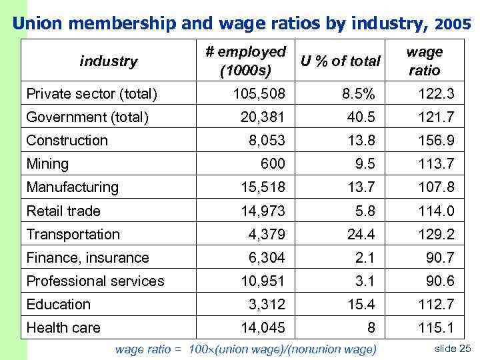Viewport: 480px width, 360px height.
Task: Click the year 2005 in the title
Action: pyautogui.click(x=453, y=24)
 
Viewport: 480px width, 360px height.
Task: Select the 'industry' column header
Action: pyautogui.click(x=108, y=61)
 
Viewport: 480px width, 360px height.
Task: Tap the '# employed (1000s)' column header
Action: pyautogui.click(x=245, y=61)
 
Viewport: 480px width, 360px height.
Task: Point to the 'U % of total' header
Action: pyautogui.click(x=341, y=61)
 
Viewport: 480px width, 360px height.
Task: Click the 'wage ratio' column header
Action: pyautogui.click(x=424, y=61)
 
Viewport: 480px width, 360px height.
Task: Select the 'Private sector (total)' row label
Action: pyautogui.click(x=91, y=94)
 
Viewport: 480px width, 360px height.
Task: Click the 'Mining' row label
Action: pyautogui.click(x=47, y=164)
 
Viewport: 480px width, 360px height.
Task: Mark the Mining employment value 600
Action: pyautogui.click(x=273, y=164)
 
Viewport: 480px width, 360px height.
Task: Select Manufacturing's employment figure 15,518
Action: pyautogui.click(x=262, y=187)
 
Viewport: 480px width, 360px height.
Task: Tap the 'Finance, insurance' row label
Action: pyautogui.click(x=87, y=257)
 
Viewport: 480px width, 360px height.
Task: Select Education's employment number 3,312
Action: pyautogui.click(x=266, y=304)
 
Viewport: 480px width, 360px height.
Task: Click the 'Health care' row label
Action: pyautogui.click(x=63, y=327)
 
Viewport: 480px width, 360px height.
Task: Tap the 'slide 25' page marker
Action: pyautogui.click(x=452, y=349)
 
